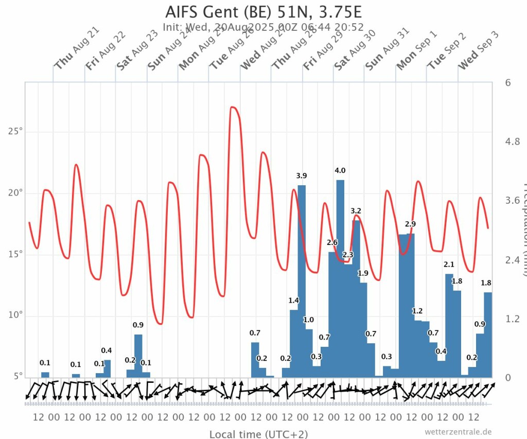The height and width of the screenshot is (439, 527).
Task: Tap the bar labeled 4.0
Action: [x=340, y=278]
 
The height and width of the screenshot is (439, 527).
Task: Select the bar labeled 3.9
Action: [x=302, y=280]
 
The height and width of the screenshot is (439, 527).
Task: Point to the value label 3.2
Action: [x=356, y=211]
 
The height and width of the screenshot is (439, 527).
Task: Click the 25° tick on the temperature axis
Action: [x=15, y=132]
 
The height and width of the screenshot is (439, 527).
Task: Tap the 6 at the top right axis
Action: [x=508, y=83]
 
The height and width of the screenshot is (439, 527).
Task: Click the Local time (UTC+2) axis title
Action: [x=258, y=434]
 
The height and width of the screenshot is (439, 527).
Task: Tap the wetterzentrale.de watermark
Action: [x=458, y=431]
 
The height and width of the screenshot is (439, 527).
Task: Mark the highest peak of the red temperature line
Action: [x=233, y=107]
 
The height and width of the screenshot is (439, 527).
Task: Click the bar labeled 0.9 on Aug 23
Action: [x=138, y=356]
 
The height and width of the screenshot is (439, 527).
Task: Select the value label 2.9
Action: [x=410, y=224]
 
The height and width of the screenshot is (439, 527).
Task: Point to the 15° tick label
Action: [x=15, y=254]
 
